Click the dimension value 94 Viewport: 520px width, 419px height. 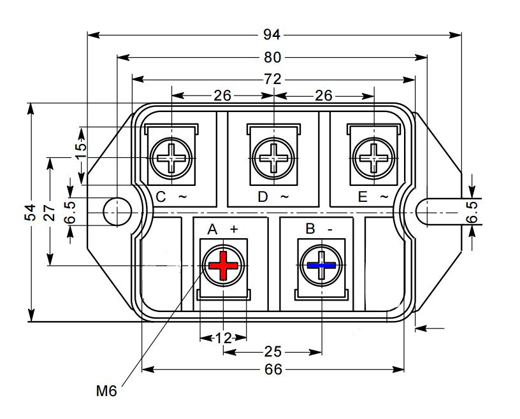pyautogui.click(x=273, y=34)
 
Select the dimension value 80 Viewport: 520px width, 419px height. pyautogui.click(x=273, y=57)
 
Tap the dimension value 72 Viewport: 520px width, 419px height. pyautogui.click(x=273, y=80)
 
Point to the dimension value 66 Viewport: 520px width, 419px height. pyautogui.click(x=273, y=370)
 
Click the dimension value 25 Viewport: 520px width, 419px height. pyautogui.click(x=273, y=352)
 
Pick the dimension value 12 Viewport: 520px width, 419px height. pyautogui.click(x=224, y=338)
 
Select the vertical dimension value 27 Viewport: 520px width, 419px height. pyautogui.click(x=50, y=213)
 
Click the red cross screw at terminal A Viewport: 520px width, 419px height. pyautogui.click(x=223, y=265)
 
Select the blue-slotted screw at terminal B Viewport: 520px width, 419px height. pyautogui.click(x=321, y=265)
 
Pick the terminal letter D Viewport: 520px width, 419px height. pyautogui.click(x=263, y=197)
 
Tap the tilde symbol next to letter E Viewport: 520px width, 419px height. pyautogui.click(x=384, y=197)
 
